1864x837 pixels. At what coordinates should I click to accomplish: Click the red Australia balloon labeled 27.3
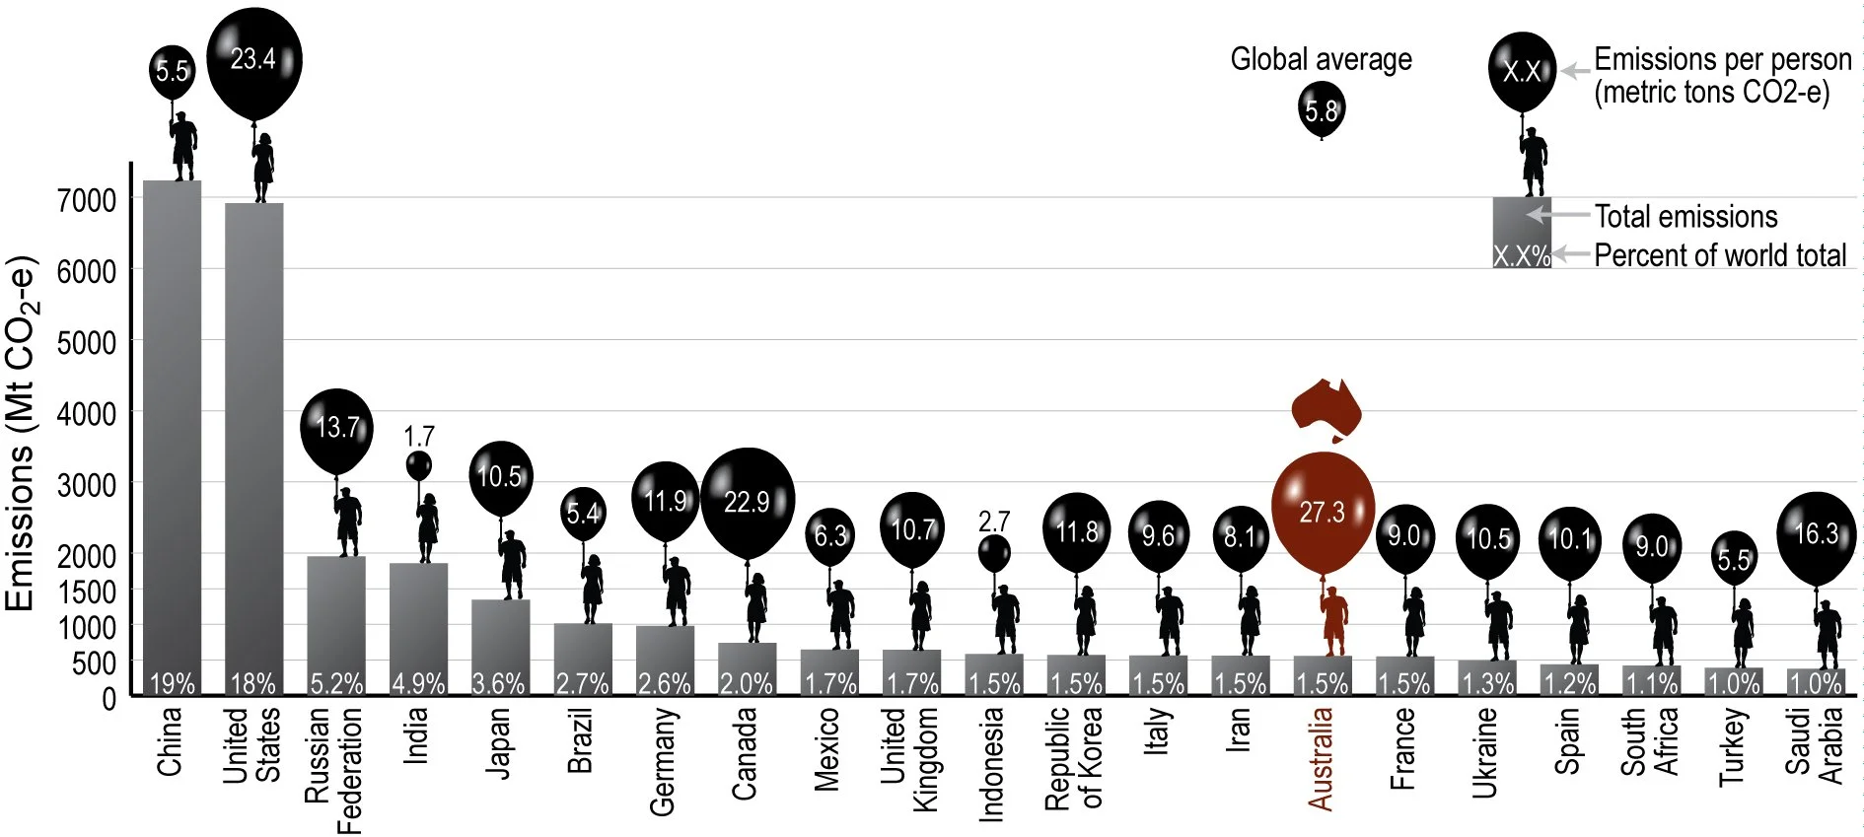pos(1322,513)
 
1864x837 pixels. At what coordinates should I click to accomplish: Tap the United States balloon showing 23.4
pos(253,61)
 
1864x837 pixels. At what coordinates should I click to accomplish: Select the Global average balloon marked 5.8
pos(1322,109)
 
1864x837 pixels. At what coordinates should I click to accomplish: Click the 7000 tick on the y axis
pos(87,200)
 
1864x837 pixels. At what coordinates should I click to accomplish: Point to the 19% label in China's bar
pos(172,683)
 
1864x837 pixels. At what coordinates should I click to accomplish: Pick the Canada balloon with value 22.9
pos(748,502)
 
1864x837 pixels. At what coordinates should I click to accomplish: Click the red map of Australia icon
pos(1326,408)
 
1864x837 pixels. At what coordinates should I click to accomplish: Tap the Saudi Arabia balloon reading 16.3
pos(1816,535)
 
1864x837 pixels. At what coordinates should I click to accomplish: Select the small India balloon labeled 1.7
pos(418,465)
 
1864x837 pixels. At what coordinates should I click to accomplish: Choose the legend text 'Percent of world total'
pos(1720,255)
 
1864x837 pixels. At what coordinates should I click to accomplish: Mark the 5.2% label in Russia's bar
pos(336,683)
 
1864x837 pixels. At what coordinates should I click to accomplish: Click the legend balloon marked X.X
pos(1522,71)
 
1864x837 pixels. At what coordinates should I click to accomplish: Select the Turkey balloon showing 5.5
pos(1734,559)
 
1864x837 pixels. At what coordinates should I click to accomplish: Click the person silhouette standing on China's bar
pos(182,146)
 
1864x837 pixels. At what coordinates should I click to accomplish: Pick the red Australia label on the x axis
pos(1321,759)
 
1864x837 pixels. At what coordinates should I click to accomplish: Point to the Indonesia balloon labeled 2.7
pos(994,553)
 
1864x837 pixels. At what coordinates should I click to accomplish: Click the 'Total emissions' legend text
pos(1685,217)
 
